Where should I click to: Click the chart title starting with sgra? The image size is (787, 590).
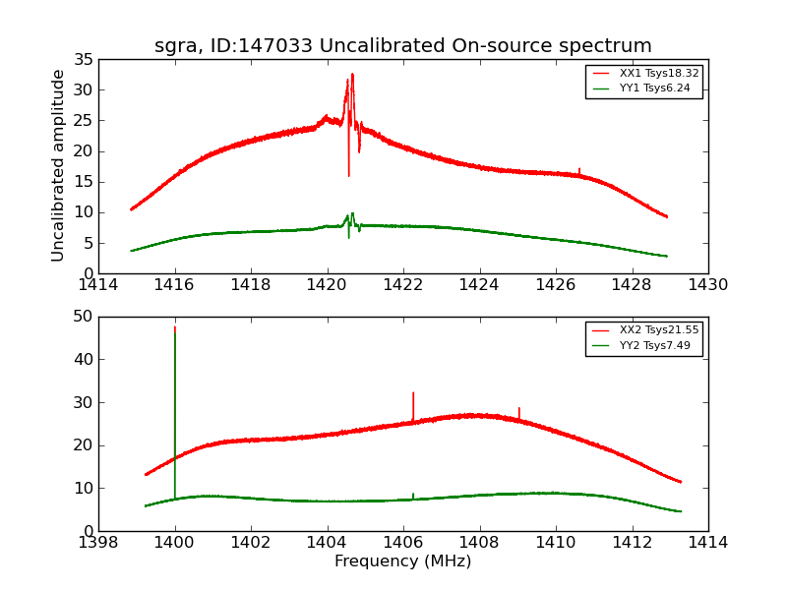(402, 46)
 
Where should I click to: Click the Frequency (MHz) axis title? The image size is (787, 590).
(402, 561)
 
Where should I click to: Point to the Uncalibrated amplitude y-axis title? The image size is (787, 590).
(58, 165)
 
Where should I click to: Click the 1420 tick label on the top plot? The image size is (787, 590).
(327, 285)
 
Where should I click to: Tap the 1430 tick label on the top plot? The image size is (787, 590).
(707, 285)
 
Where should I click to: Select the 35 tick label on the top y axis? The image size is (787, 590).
(83, 60)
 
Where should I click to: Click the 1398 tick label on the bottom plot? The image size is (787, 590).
(98, 543)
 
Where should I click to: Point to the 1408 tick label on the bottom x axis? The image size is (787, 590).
(479, 543)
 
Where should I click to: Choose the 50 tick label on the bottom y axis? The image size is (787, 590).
(83, 317)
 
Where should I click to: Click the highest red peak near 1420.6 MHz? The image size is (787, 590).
(352, 75)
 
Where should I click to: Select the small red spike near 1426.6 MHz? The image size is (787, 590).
(579, 171)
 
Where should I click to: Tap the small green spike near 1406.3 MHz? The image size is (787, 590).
(413, 496)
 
